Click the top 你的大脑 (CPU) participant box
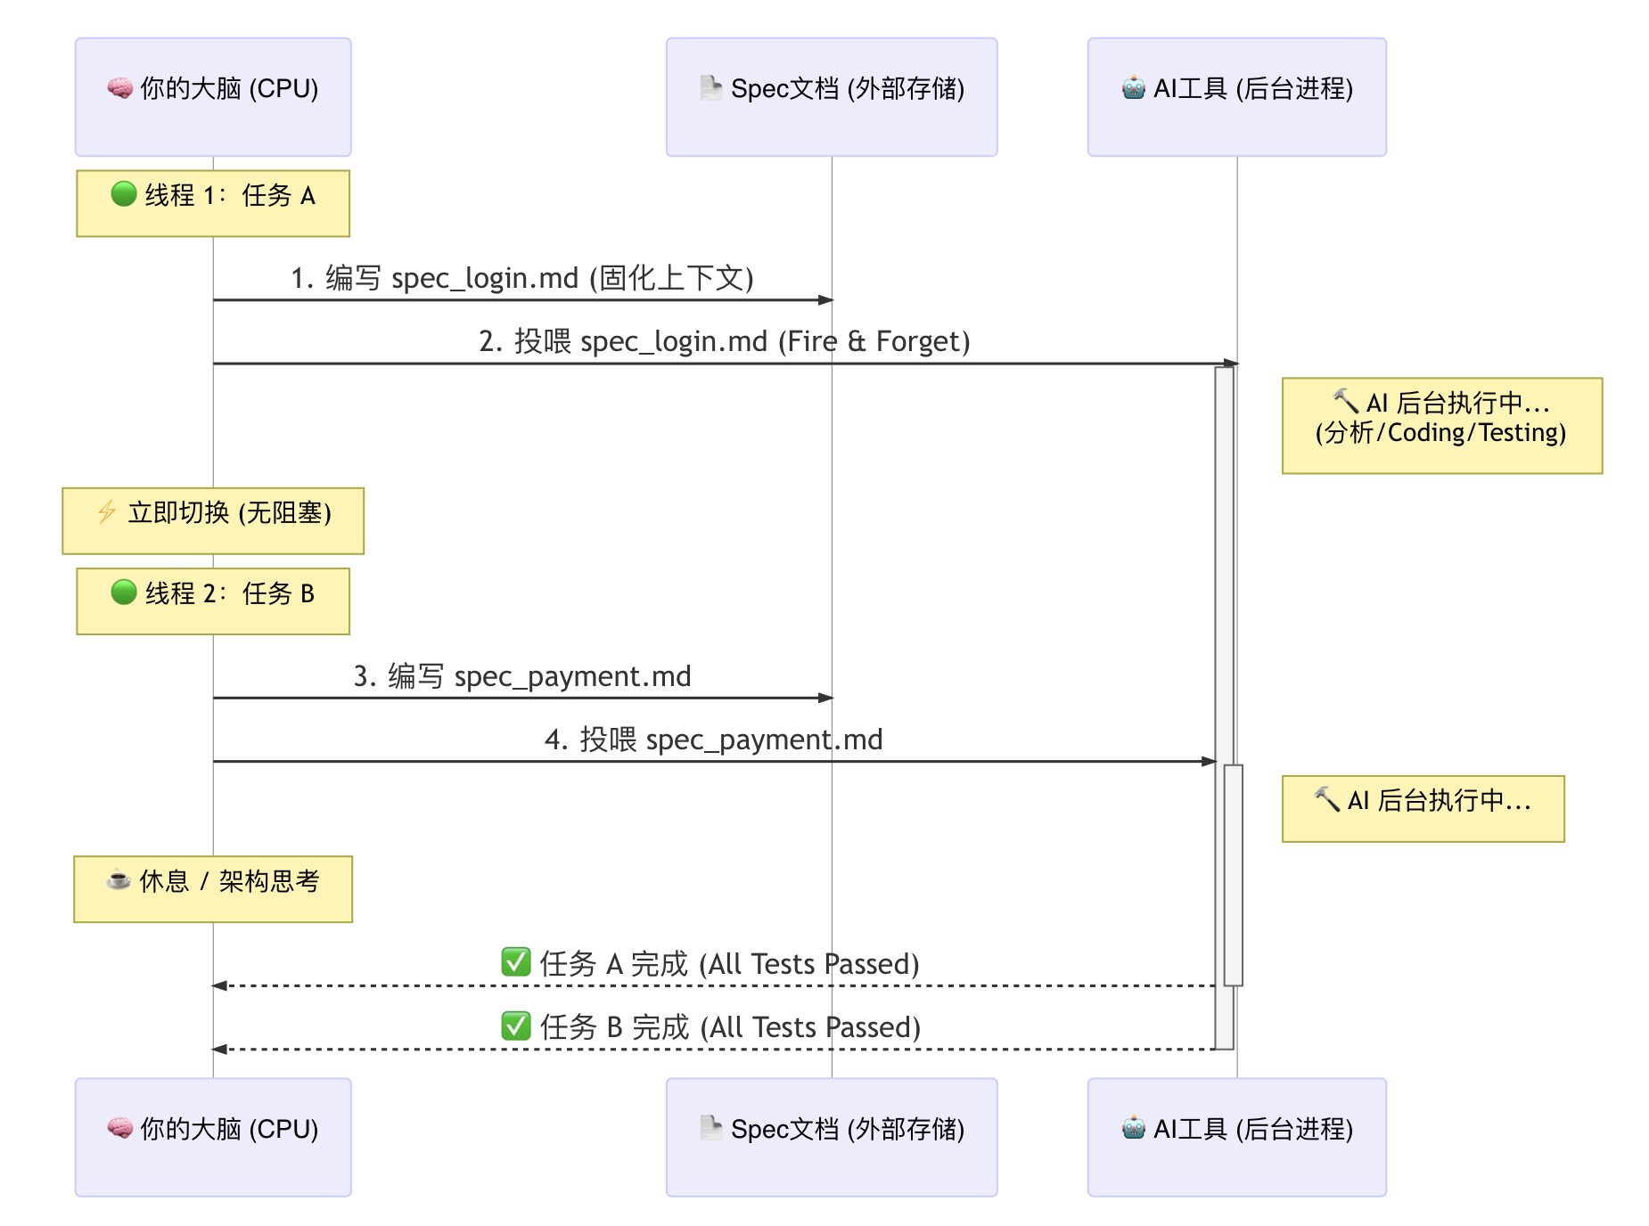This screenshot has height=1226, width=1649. pyautogui.click(x=213, y=97)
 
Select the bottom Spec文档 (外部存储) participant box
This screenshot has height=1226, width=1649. pyautogui.click(x=832, y=1137)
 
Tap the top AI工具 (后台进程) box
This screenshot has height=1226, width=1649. pyautogui.click(x=1237, y=97)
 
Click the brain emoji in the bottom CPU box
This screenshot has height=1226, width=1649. pyautogui.click(x=120, y=1128)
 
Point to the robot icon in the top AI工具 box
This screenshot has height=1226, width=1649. pyautogui.click(x=1134, y=88)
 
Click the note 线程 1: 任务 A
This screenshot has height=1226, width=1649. pyautogui.click(x=213, y=203)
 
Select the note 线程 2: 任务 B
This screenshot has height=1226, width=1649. pyautogui.click(x=213, y=601)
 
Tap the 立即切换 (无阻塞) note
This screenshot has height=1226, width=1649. pyautogui.click(x=213, y=521)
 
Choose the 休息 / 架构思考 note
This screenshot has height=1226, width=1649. pyautogui.click(x=213, y=889)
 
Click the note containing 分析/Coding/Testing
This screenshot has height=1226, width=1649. pyautogui.click(x=1442, y=426)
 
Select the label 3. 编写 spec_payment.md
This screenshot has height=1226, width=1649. pyautogui.click(x=522, y=676)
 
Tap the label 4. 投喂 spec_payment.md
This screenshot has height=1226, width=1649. pyautogui.click(x=714, y=740)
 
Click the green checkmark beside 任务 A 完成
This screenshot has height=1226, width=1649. pyautogui.click(x=516, y=962)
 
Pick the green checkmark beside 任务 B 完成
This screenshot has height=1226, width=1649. pyautogui.click(x=516, y=1026)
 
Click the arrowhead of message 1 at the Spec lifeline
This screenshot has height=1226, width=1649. pyautogui.click(x=825, y=300)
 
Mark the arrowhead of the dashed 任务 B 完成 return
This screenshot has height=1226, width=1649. pyautogui.click(x=219, y=1050)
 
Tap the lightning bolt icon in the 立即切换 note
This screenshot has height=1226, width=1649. pyautogui.click(x=107, y=511)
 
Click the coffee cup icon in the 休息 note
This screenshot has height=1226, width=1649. pyautogui.click(x=119, y=879)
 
